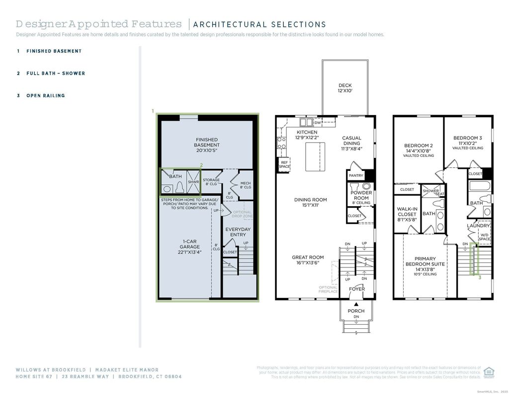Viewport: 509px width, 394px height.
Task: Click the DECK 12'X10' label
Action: pos(345,88)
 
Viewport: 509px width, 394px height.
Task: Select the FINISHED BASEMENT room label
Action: pos(206,144)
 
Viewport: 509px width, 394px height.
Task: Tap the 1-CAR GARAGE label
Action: pos(189,247)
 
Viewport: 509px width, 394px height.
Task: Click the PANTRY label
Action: pos(356,175)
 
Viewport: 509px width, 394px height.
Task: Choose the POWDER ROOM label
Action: pos(361,195)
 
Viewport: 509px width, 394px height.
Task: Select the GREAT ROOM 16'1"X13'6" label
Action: pos(308,260)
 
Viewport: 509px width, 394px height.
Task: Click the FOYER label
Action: pos(356,289)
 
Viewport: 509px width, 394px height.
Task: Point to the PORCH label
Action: pos(356,311)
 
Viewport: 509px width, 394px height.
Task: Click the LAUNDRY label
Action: pos(478,226)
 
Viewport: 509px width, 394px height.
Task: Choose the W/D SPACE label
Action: pos(484,237)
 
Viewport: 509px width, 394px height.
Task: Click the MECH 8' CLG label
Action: pos(246,185)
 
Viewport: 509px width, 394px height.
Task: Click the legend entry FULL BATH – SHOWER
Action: pos(55,73)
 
